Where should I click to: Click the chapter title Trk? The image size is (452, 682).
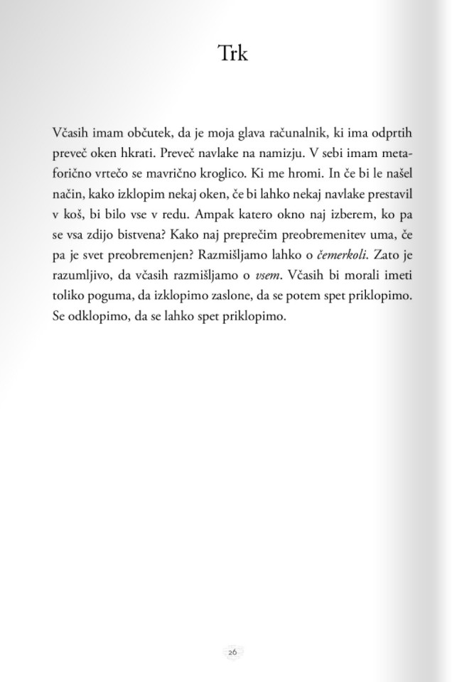tap(232, 53)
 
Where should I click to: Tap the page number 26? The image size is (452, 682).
tap(232, 652)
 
